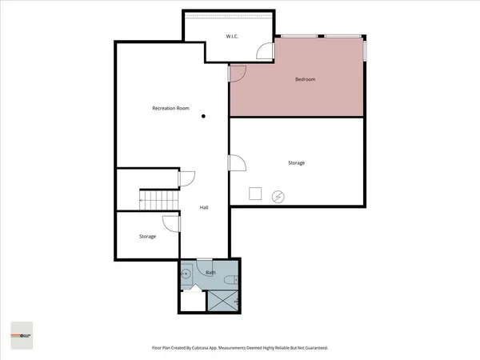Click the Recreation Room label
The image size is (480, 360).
[x=170, y=108]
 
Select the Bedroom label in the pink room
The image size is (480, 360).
[x=305, y=79]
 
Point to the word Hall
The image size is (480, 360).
[x=204, y=208]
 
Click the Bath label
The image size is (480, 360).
[x=210, y=273]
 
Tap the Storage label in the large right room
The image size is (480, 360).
[x=296, y=163]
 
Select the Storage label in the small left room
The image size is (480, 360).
[x=147, y=237]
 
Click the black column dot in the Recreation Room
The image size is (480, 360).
[x=204, y=117]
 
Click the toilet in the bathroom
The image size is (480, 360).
[x=230, y=279]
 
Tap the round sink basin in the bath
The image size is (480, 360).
[x=186, y=273]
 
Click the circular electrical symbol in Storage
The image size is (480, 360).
[x=278, y=196]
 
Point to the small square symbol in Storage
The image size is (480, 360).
[x=255, y=194]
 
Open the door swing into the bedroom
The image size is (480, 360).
[x=237, y=74]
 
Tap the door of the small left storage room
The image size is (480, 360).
[x=170, y=224]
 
